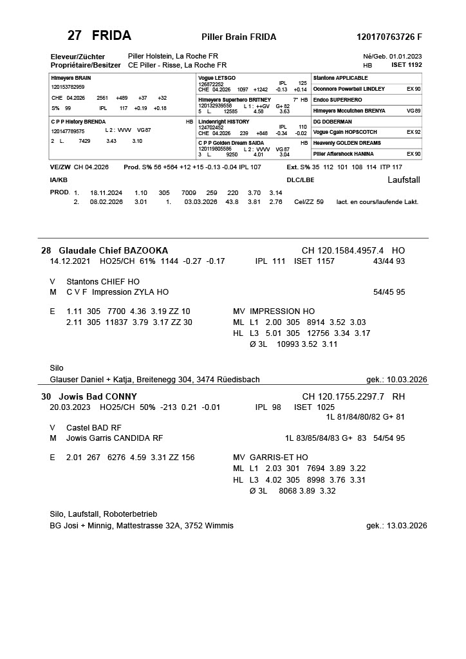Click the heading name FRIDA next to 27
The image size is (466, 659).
click(x=111, y=35)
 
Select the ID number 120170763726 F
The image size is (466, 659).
click(x=389, y=37)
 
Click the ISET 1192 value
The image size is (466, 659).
click(x=407, y=65)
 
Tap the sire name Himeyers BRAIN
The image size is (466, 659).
click(x=71, y=78)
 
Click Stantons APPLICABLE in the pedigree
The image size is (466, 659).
click(x=340, y=78)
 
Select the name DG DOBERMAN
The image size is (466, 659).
click(x=332, y=121)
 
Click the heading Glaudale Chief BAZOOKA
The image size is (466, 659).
click(x=113, y=250)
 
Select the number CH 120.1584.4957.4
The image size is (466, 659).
click(x=343, y=250)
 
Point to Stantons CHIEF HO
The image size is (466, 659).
click(x=103, y=282)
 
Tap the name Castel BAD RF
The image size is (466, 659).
click(x=94, y=428)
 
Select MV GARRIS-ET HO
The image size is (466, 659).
click(x=270, y=458)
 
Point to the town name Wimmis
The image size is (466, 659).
click(x=219, y=526)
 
